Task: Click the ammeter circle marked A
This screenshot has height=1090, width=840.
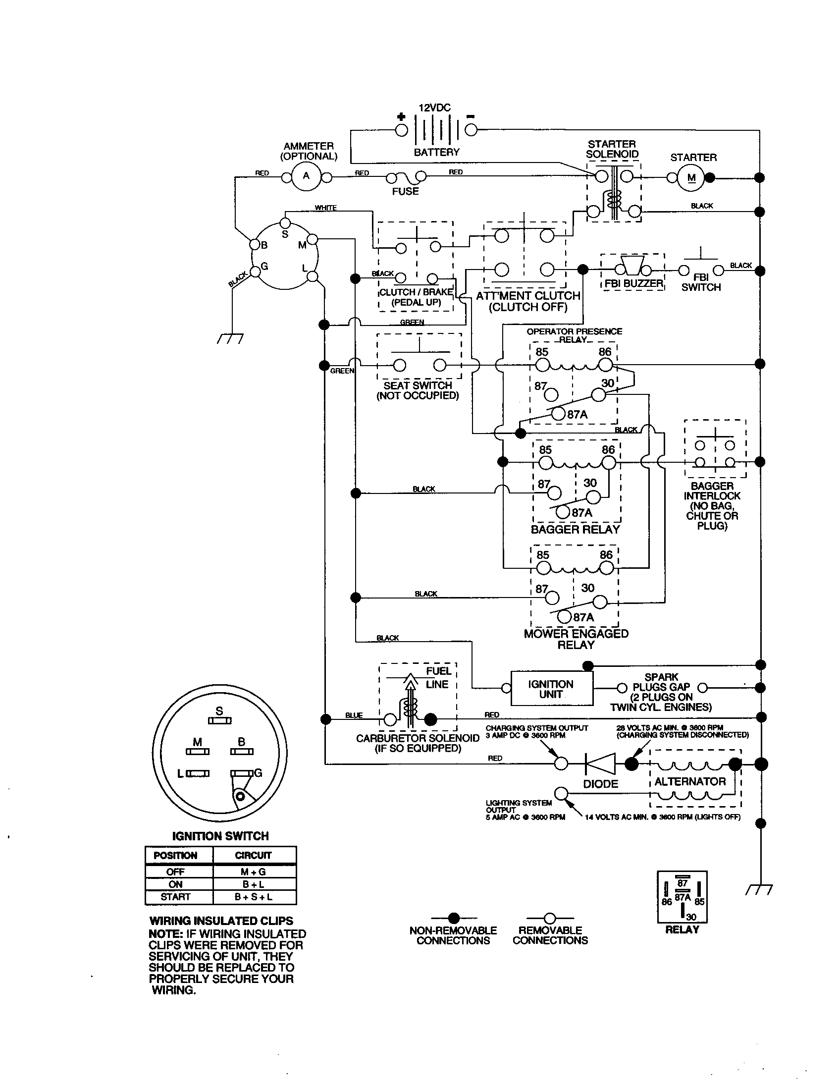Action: click(306, 176)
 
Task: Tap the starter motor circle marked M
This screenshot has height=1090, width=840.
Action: click(691, 178)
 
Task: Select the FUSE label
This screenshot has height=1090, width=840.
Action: click(405, 192)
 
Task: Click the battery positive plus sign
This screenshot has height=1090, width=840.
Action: click(401, 117)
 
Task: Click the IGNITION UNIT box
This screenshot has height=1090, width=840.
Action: click(552, 689)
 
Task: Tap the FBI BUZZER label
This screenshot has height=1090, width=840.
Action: click(633, 283)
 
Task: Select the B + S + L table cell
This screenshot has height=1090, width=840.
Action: click(254, 897)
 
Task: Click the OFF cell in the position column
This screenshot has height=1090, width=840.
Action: click(176, 872)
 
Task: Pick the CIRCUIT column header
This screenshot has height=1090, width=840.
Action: click(254, 856)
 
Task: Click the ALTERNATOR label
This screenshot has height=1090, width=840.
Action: click(690, 781)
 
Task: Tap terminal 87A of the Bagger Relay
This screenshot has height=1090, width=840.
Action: click(563, 512)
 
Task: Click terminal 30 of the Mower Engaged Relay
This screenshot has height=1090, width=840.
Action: click(600, 602)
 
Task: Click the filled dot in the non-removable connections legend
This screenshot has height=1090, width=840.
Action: click(453, 918)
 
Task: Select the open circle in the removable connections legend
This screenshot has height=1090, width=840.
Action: click(550, 918)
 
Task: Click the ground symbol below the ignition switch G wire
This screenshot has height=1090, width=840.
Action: click(230, 339)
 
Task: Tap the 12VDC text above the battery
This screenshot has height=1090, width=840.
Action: click(434, 108)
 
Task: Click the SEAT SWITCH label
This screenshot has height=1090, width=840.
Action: click(418, 385)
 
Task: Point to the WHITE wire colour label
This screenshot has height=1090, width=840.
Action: click(326, 208)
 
